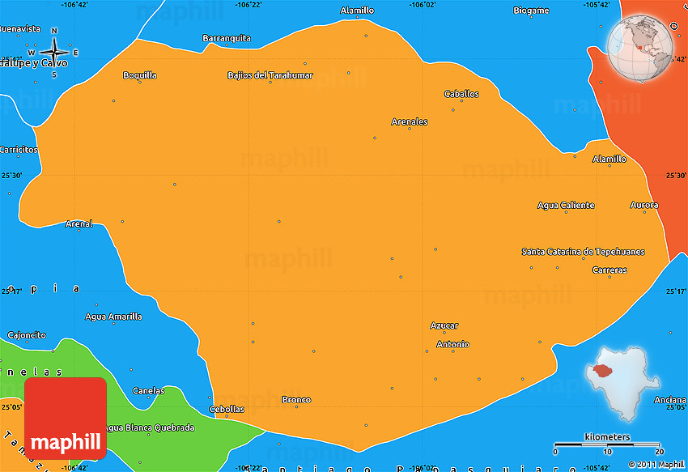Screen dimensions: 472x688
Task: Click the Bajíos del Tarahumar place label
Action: click(270, 75)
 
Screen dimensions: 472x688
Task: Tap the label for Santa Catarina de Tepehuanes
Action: click(583, 252)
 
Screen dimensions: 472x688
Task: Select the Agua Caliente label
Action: click(566, 206)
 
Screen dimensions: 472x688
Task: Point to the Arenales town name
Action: click(410, 122)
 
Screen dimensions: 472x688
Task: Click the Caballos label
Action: click(461, 94)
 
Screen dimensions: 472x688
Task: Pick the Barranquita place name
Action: click(227, 38)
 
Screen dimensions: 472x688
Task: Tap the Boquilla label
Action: click(139, 75)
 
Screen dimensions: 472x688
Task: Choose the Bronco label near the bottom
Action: click(296, 400)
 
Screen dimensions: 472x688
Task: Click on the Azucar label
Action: click(444, 325)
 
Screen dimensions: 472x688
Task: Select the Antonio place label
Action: click(452, 345)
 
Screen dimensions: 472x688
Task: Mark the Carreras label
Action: click(609, 270)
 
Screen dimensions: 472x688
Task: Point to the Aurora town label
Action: click(644, 206)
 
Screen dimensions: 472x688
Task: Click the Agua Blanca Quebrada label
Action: click(151, 427)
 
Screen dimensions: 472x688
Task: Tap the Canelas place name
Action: click(149, 391)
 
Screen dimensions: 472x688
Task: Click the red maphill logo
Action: click(66, 418)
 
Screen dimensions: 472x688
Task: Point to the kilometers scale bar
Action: click(608, 444)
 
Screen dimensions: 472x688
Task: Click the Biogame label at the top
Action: click(531, 11)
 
